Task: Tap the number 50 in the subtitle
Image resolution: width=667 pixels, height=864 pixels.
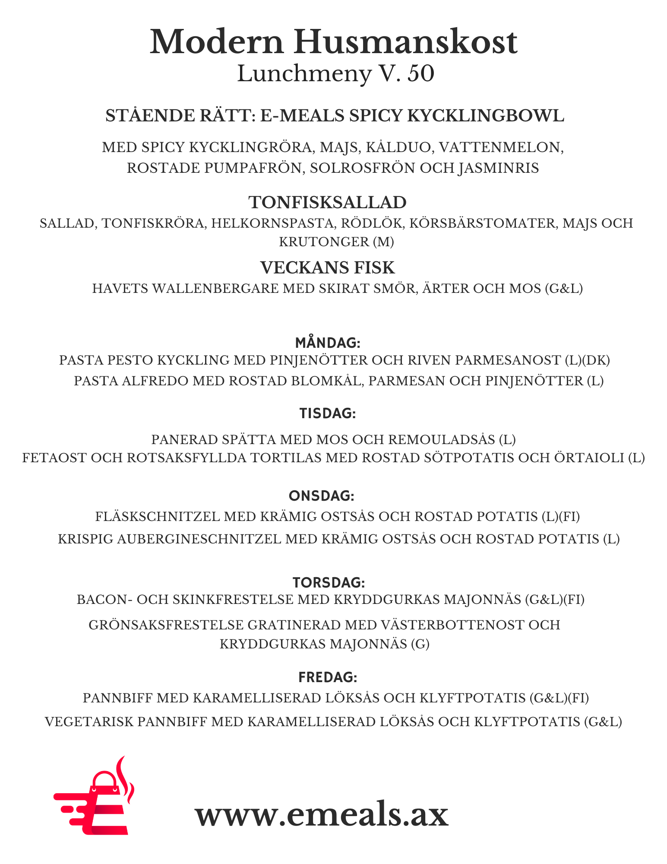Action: [x=420, y=73]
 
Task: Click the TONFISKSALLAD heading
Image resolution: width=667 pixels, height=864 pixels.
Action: [x=328, y=202]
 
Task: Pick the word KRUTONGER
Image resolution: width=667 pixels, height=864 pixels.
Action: [x=324, y=241]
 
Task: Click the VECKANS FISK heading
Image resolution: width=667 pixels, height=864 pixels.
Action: [x=328, y=267]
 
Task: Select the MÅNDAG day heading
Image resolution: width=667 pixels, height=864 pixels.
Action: [x=328, y=343]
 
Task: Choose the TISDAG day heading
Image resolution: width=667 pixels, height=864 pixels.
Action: [x=328, y=413]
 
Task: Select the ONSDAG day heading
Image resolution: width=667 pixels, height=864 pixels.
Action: [x=322, y=496]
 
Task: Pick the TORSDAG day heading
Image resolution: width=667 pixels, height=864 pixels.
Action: [x=329, y=582]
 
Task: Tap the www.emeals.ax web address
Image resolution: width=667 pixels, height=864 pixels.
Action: [x=322, y=814]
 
